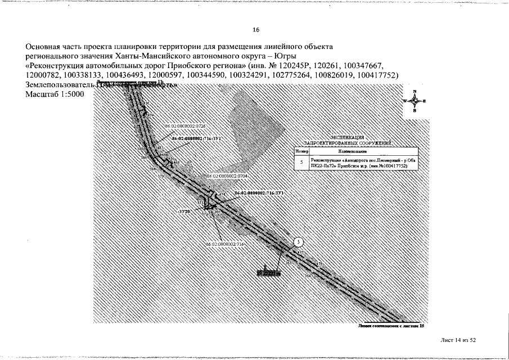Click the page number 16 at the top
point(256,30)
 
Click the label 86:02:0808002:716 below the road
point(225,244)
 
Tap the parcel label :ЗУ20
point(184,211)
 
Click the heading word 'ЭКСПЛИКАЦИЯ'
point(347,137)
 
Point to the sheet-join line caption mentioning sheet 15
point(390,326)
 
